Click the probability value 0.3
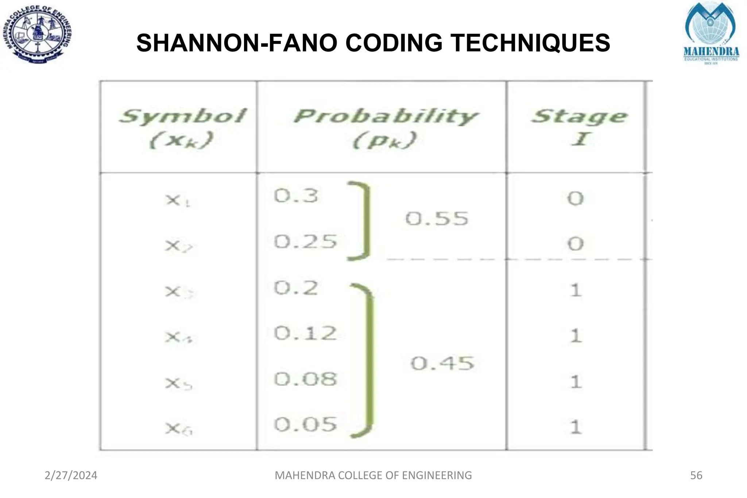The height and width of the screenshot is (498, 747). pyautogui.click(x=296, y=196)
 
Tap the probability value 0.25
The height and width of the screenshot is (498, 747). pyautogui.click(x=305, y=242)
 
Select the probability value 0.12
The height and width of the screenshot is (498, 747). pyautogui.click(x=305, y=333)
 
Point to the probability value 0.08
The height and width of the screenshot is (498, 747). pyautogui.click(x=305, y=379)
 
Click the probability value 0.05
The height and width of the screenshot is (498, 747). pyautogui.click(x=305, y=425)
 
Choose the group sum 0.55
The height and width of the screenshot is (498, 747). pyautogui.click(x=437, y=219)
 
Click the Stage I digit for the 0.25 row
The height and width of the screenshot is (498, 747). pyautogui.click(x=575, y=244)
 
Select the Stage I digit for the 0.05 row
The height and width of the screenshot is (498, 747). pyautogui.click(x=576, y=427)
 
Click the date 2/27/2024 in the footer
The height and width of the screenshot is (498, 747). pyautogui.click(x=71, y=475)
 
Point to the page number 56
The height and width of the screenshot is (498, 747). pyautogui.click(x=696, y=475)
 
